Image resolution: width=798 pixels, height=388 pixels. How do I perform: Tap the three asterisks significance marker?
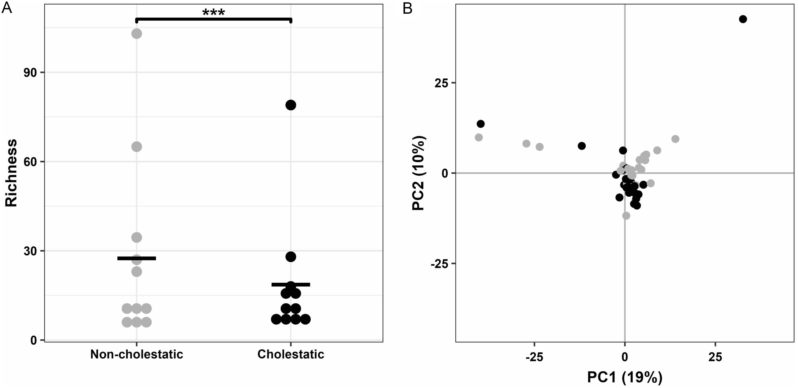[x=213, y=13]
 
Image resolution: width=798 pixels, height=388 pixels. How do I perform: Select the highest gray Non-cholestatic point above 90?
[x=137, y=33]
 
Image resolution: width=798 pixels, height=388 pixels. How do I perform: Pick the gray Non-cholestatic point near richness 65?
[x=137, y=147]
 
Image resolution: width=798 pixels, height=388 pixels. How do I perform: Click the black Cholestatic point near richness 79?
[x=291, y=105]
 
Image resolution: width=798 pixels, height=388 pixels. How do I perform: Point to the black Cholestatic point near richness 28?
[x=291, y=256]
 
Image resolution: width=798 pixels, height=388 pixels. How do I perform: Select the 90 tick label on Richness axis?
[x=30, y=72]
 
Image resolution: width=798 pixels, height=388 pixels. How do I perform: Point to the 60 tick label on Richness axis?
[x=30, y=161]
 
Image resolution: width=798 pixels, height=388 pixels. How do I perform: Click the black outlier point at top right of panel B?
[x=743, y=19]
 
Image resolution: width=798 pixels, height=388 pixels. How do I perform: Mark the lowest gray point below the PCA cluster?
[x=626, y=216]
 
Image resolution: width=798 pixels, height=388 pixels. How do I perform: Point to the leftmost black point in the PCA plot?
[x=480, y=124]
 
